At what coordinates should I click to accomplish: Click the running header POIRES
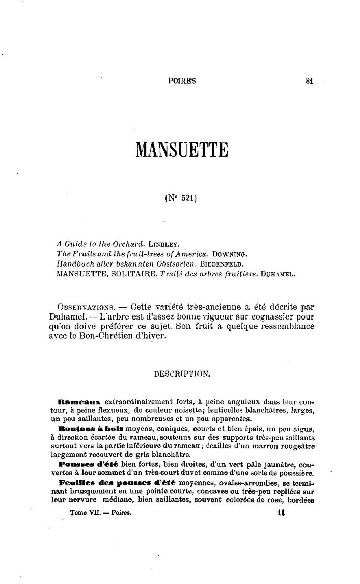pos(182,80)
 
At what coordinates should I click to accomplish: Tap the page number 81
pos(309,80)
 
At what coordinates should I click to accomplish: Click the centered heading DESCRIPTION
pos(181,374)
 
